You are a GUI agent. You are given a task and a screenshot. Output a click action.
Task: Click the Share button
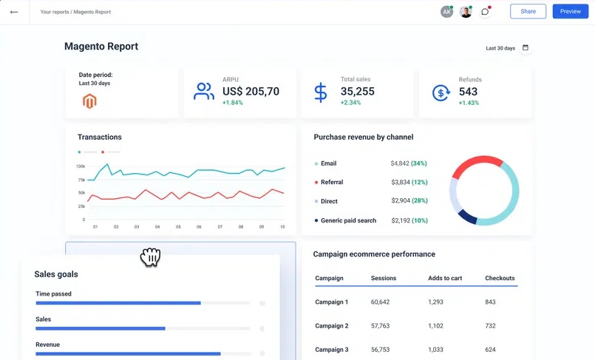coord(528,12)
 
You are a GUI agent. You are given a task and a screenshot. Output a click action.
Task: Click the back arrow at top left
coord(13,12)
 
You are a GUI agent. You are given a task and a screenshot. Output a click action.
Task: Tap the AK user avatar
coord(446,12)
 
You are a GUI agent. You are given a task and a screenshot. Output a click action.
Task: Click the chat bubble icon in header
coord(485,12)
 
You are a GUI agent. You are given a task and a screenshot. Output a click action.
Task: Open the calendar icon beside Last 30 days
coord(526,48)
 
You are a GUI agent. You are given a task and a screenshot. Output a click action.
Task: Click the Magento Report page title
coord(101,47)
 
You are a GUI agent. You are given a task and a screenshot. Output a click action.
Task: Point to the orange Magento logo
coord(89,101)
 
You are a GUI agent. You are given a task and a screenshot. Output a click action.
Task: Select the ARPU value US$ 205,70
coord(251,92)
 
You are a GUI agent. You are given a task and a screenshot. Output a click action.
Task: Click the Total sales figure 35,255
coord(357,92)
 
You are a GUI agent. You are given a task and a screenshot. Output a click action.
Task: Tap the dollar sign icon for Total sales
coord(320,92)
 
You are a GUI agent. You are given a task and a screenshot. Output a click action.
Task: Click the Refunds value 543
coord(468,92)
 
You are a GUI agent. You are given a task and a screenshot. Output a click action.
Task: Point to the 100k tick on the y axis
coord(81,166)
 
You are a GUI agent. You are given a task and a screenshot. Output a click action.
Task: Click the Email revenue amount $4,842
coord(405,163)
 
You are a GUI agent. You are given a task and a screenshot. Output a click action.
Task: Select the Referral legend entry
coord(331,183)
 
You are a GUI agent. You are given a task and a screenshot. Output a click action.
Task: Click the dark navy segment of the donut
coord(467,216)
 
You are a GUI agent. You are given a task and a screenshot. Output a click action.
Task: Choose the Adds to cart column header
coord(445,279)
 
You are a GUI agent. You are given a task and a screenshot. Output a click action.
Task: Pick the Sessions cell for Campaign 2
coord(380,326)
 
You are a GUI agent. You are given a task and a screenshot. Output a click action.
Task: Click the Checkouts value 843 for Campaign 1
coord(491,302)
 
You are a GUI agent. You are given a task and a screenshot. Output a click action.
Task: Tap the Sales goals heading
coord(56,274)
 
